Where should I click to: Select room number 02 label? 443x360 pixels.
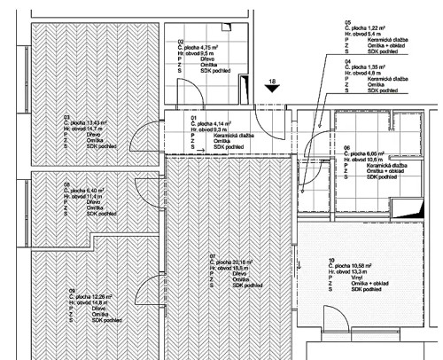click(x=181, y=42)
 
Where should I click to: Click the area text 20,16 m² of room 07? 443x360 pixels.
click(x=242, y=262)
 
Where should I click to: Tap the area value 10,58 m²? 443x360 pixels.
click(x=361, y=265)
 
